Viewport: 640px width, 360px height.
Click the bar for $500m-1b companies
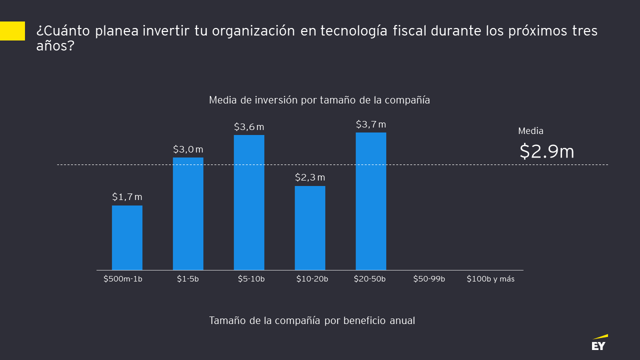click(127, 238)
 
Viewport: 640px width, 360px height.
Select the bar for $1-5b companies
click(188, 214)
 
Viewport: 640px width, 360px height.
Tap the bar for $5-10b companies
click(249, 202)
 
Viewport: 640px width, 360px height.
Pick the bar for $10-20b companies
click(310, 228)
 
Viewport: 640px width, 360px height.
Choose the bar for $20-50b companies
click(371, 201)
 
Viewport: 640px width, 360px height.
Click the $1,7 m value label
click(127, 197)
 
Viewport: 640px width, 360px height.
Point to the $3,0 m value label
click(188, 149)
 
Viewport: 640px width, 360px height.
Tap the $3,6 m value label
click(249, 127)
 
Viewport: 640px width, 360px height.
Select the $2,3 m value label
click(310, 177)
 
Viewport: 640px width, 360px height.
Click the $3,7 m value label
click(371, 124)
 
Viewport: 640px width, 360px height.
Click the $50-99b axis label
click(429, 279)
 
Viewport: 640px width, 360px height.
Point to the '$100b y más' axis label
click(490, 279)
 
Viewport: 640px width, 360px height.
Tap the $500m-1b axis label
click(123, 279)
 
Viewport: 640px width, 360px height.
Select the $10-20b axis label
click(312, 279)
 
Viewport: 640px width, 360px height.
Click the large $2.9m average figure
click(547, 151)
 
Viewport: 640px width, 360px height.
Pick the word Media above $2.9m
click(531, 131)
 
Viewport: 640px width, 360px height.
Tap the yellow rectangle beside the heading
click(12, 31)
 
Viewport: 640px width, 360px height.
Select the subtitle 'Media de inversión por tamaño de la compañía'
click(319, 100)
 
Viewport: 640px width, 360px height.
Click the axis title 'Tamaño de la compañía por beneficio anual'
click(312, 320)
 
